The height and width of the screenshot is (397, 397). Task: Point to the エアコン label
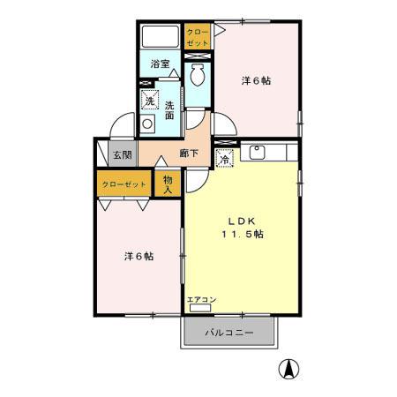pos(198,300)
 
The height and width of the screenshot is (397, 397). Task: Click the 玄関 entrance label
pos(122,154)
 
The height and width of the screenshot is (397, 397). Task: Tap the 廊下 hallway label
pos(188,153)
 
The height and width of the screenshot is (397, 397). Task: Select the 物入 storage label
pos(166,183)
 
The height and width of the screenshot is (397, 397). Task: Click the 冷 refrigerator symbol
pos(225,159)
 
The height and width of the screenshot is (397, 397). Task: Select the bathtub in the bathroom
pos(161,38)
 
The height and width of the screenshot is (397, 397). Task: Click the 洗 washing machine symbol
pos(149,101)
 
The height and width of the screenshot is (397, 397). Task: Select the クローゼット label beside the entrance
pos(124,184)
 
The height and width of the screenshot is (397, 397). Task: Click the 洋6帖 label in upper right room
pos(256,80)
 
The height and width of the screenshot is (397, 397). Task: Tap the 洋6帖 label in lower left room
pos(139,256)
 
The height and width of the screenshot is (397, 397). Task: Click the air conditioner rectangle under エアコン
pos(198,309)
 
